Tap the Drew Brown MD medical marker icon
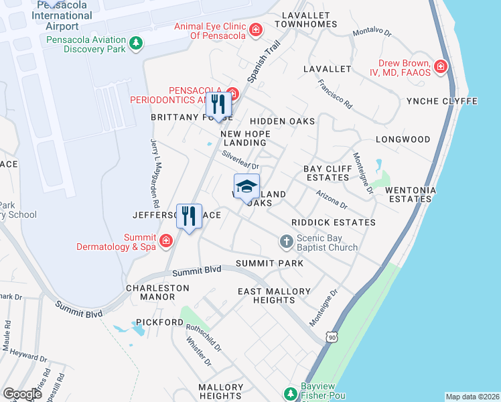tap(440, 66)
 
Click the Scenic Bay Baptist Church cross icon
tap(286, 241)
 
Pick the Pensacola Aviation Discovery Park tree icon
tap(136, 44)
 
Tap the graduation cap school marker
tap(246, 186)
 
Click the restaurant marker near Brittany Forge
tap(218, 104)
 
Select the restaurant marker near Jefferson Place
tap(190, 216)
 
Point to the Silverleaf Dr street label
tap(241, 161)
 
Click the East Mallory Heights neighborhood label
tap(275, 296)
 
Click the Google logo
tap(23, 393)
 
